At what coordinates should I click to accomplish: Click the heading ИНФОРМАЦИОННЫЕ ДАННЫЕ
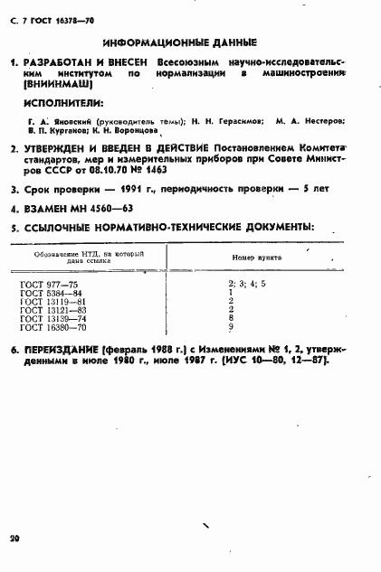(x=180, y=42)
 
